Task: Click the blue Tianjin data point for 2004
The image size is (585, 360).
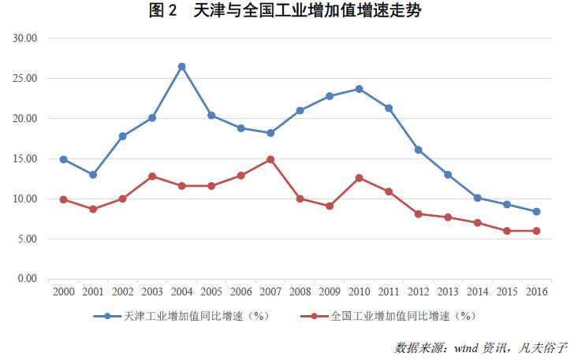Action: tap(181, 67)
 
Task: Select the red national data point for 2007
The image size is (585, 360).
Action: tap(270, 159)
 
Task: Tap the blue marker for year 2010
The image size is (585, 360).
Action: tap(359, 89)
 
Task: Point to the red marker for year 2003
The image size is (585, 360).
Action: tap(152, 176)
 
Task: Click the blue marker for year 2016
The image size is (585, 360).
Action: tap(536, 211)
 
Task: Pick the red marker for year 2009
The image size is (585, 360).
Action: tap(330, 206)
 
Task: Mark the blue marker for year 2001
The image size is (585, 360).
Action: tap(93, 175)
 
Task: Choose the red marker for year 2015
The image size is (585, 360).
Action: tap(507, 231)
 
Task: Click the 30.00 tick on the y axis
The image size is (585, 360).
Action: tap(27, 38)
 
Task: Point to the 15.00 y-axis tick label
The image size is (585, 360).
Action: tap(27, 158)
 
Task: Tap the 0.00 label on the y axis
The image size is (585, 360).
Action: tap(28, 279)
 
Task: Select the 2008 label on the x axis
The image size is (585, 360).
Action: tap(300, 292)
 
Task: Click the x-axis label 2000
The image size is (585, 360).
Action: tap(64, 292)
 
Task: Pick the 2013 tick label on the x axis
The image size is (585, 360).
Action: tap(448, 292)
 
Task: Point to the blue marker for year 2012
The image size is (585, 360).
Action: tap(418, 150)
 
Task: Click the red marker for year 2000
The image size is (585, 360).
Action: tap(64, 199)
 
